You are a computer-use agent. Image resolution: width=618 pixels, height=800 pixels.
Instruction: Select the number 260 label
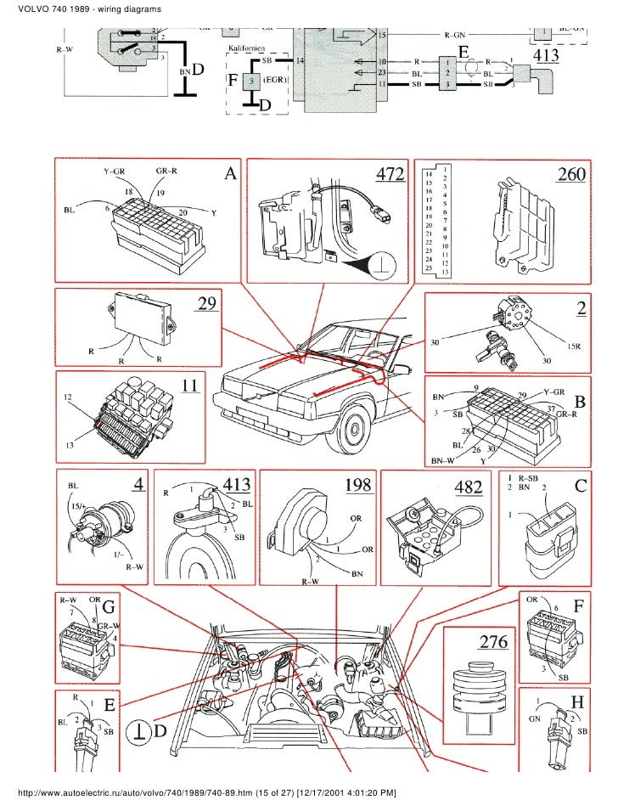570,174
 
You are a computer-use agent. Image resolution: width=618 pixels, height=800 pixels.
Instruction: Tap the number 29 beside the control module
208,303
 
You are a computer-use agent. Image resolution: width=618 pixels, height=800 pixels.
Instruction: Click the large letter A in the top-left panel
229,175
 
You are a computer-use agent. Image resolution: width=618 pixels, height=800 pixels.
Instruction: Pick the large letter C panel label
581,488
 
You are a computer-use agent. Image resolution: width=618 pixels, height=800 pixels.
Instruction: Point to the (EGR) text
273,79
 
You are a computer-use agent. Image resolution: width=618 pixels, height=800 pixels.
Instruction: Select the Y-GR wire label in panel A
115,172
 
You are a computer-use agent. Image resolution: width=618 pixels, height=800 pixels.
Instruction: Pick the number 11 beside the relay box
190,385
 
